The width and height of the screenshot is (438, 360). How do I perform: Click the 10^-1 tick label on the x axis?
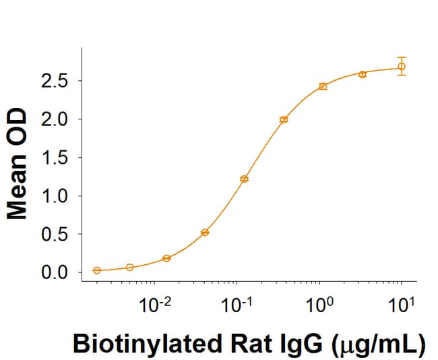point(237,305)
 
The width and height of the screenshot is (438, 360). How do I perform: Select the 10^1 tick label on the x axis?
point(402,305)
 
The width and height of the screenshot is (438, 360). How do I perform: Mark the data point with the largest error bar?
point(402,66)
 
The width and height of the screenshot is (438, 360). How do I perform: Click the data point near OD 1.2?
point(244,179)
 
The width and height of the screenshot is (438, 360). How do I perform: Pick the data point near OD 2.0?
point(284,119)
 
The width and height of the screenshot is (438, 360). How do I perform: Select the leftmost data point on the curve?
point(97,270)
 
